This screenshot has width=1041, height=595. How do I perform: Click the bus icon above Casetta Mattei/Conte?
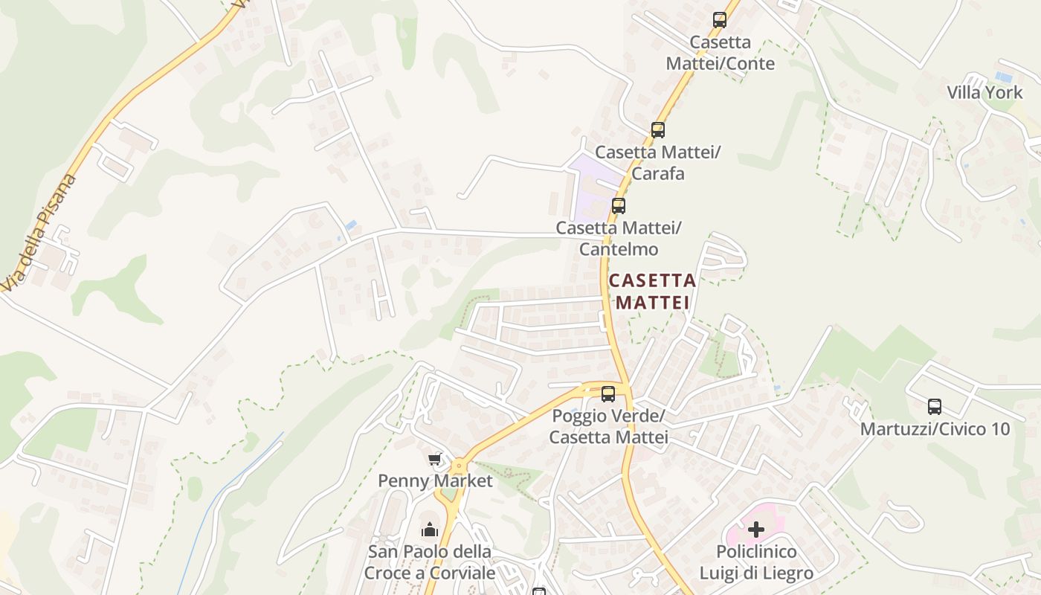tap(719, 20)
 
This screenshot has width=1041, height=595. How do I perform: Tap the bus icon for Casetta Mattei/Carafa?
tap(657, 130)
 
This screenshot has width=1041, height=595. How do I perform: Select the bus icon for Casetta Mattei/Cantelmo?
tap(618, 206)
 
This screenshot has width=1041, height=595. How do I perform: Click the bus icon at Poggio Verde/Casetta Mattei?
tap(608, 394)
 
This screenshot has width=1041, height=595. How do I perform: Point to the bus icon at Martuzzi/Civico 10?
tap(935, 407)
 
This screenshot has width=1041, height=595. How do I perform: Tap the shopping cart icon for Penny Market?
tap(435, 459)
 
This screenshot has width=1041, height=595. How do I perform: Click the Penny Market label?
tap(435, 481)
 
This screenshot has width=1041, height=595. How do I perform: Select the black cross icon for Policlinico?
tap(756, 530)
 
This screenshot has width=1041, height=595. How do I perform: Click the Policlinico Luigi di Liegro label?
tap(756, 563)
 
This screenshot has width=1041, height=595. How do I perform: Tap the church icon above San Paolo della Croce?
tap(430, 530)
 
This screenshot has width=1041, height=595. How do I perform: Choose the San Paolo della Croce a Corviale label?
tap(430, 563)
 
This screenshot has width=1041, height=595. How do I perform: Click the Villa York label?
tap(984, 93)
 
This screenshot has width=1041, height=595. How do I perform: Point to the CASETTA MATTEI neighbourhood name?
tap(652, 292)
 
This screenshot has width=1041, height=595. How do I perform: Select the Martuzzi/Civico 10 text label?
tap(935, 429)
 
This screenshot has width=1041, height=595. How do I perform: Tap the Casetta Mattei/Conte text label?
tap(720, 53)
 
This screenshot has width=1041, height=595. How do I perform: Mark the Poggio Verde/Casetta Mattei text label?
tap(608, 426)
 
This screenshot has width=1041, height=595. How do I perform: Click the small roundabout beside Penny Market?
tap(459, 466)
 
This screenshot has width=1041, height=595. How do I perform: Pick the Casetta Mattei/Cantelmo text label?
tap(618, 238)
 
